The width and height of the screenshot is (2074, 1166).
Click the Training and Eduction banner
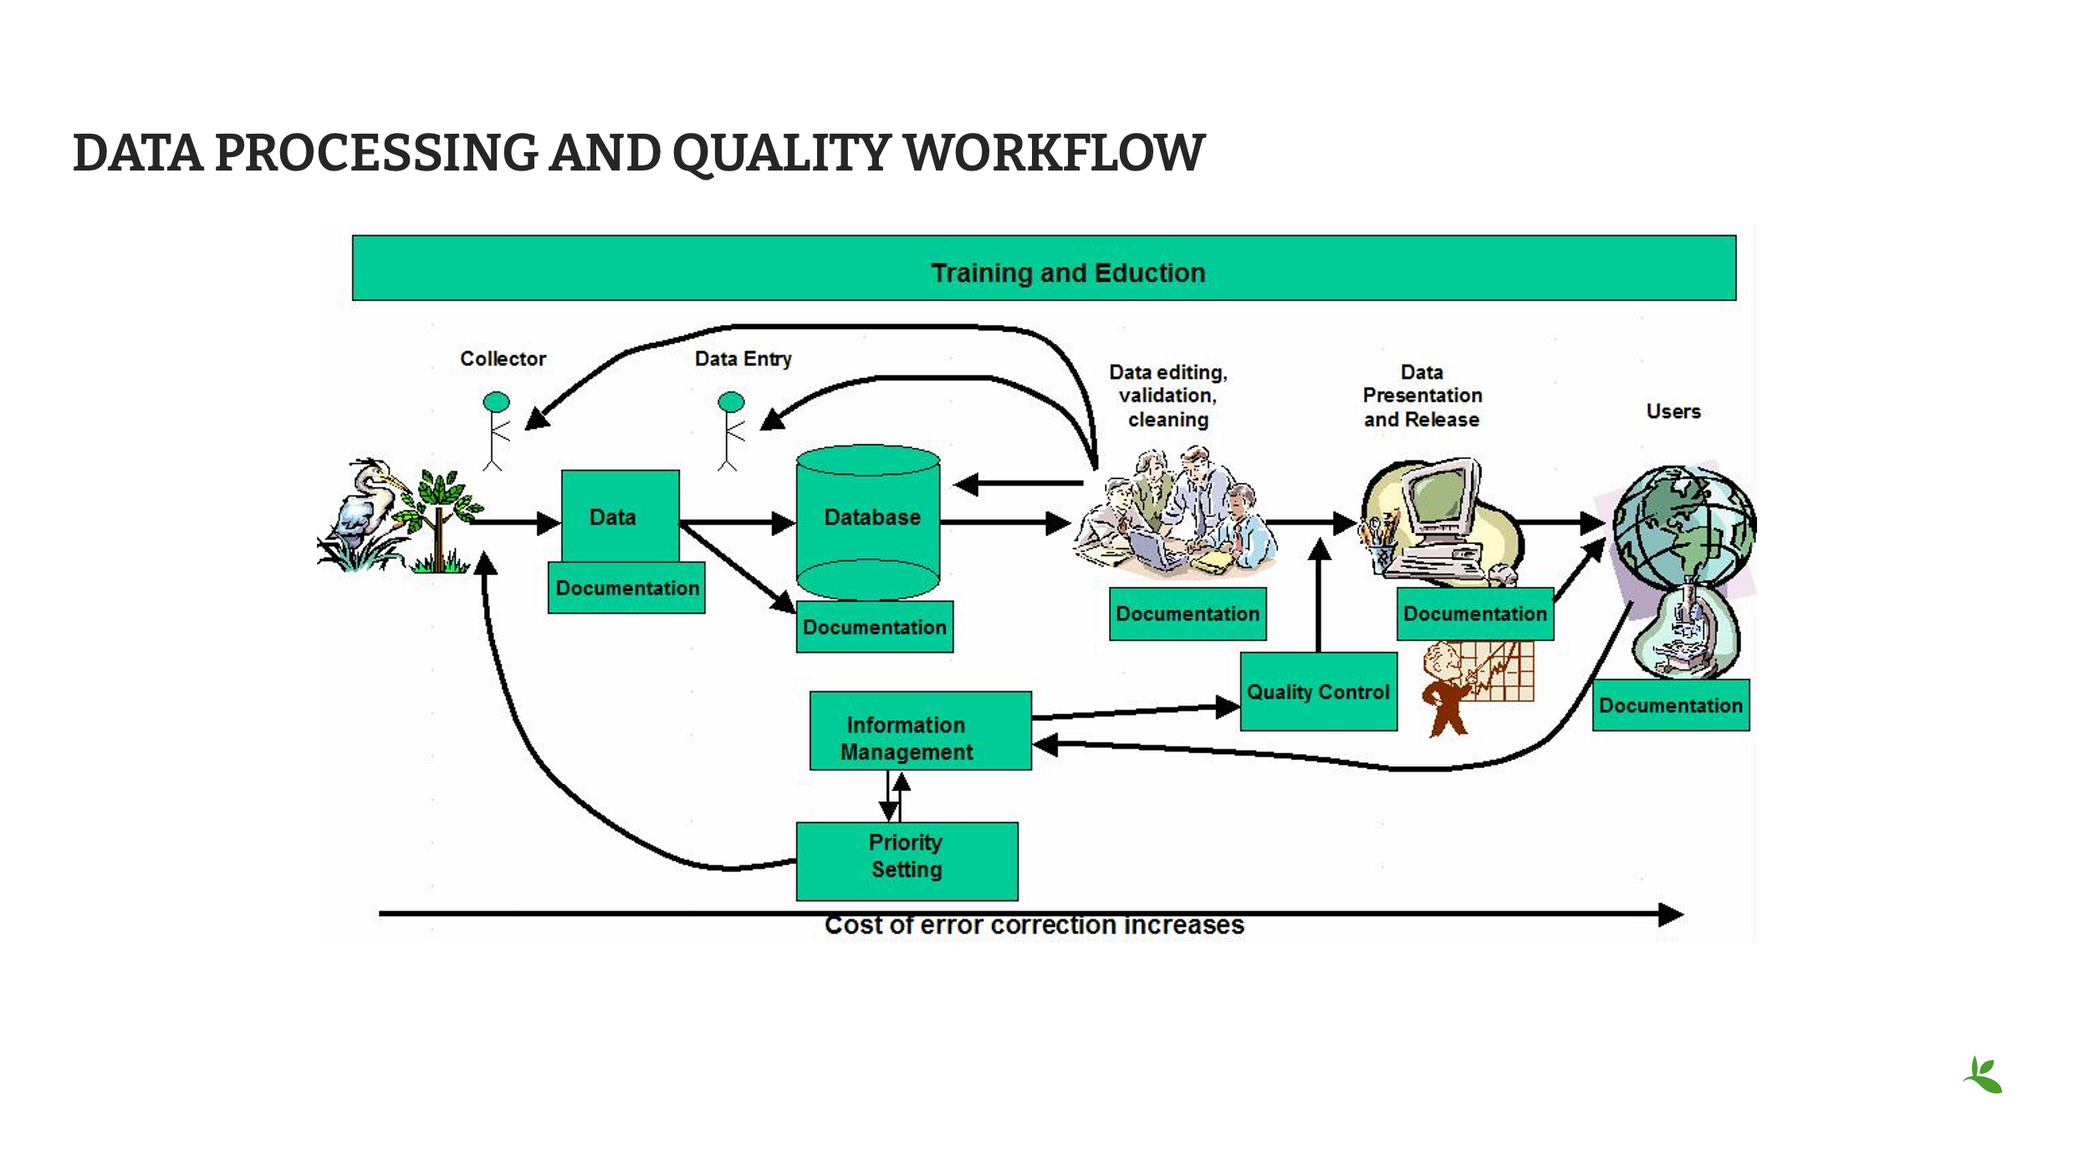tap(1044, 268)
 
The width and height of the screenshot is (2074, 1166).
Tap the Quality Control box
tap(1318, 692)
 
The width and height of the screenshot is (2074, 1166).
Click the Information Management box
tap(920, 731)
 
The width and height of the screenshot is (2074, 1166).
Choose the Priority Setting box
tap(907, 861)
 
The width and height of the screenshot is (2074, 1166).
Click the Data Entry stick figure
tap(730, 430)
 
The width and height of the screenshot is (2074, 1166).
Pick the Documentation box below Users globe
tap(1670, 705)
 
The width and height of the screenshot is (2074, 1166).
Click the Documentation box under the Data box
tap(626, 588)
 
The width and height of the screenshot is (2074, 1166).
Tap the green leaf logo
tap(1984, 1076)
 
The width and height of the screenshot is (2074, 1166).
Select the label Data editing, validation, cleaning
tap(1167, 395)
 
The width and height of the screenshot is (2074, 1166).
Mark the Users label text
tap(1673, 411)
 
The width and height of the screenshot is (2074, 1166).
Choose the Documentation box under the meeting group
tap(1188, 614)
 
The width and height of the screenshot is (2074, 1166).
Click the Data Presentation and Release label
tap(1422, 395)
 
